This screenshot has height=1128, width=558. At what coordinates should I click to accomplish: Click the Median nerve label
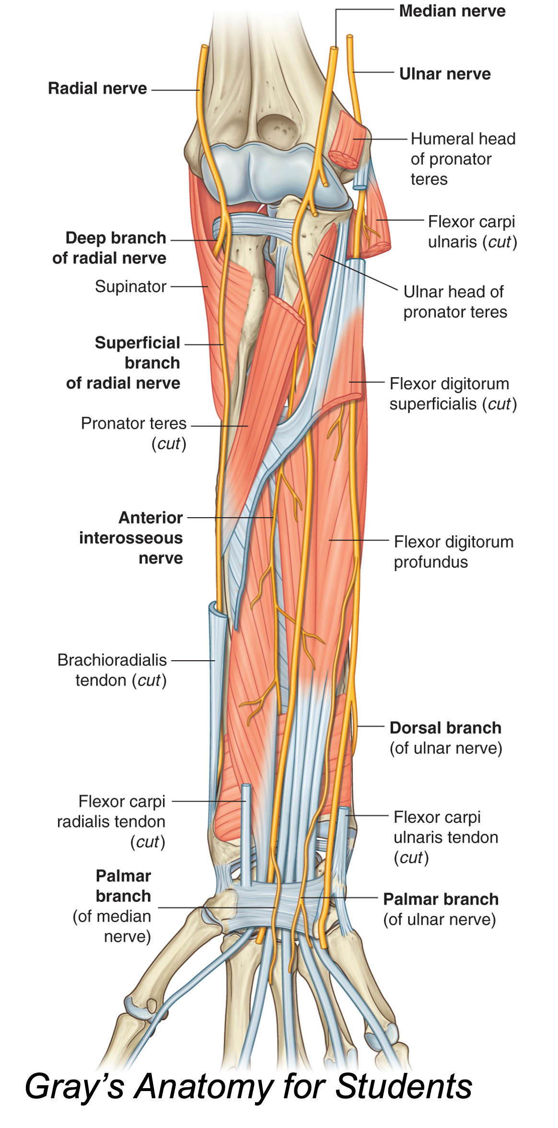click(452, 11)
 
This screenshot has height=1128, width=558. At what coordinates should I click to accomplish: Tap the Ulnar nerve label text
click(444, 74)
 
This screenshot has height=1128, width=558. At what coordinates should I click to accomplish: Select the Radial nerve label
click(97, 88)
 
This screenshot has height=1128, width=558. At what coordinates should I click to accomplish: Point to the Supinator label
click(130, 286)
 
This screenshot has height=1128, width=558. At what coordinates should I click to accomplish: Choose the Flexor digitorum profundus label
click(453, 552)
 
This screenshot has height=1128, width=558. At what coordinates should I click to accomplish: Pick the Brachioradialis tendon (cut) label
click(112, 670)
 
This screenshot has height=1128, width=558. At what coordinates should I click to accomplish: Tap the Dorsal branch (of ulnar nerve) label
click(445, 737)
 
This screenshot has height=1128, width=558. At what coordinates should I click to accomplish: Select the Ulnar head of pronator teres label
click(454, 301)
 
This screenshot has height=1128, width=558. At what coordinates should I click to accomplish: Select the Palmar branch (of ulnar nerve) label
click(440, 909)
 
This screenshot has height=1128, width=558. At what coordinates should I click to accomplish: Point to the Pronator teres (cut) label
click(134, 433)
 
